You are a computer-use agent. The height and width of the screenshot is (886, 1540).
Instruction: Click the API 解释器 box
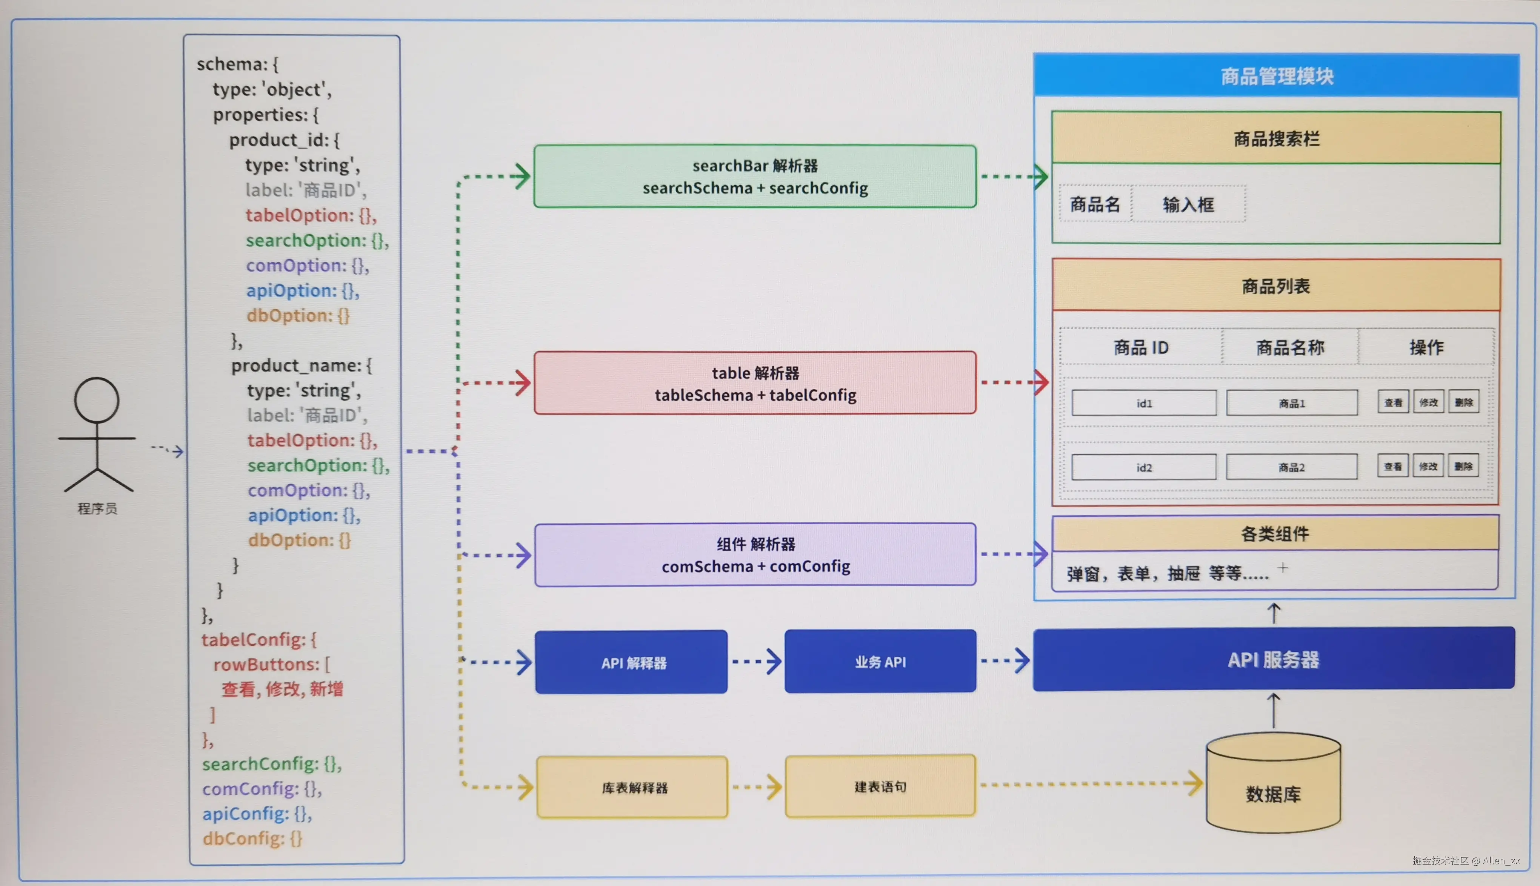[631, 662]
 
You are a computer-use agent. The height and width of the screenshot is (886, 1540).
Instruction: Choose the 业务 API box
[880, 662]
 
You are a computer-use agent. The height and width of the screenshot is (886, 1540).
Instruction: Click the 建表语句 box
[880, 786]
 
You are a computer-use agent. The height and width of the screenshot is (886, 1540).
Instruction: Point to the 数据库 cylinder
[1273, 783]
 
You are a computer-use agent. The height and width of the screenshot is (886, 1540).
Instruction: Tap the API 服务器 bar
[1273, 659]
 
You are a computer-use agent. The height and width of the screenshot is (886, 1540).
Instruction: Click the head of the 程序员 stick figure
[97, 400]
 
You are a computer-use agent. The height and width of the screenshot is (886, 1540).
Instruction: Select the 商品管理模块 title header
[1277, 75]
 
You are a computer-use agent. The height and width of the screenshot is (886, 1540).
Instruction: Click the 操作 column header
[1426, 347]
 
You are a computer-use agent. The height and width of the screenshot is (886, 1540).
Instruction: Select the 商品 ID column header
[1141, 347]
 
